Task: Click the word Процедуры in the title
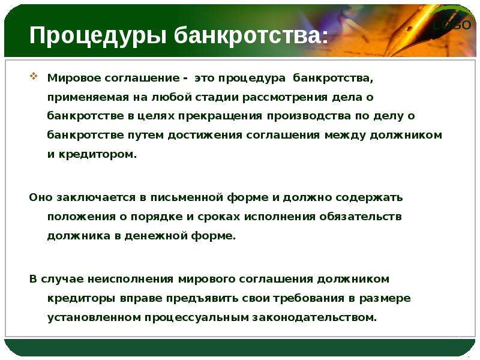(98, 36)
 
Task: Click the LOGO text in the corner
(452, 25)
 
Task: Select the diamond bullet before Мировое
(34, 76)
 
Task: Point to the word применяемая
(88, 98)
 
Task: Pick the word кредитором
(97, 155)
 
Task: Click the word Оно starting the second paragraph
(41, 197)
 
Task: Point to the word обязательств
(361, 217)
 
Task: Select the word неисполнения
(130, 279)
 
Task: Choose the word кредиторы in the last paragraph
(82, 298)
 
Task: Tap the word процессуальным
(197, 318)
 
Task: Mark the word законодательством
(314, 317)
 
